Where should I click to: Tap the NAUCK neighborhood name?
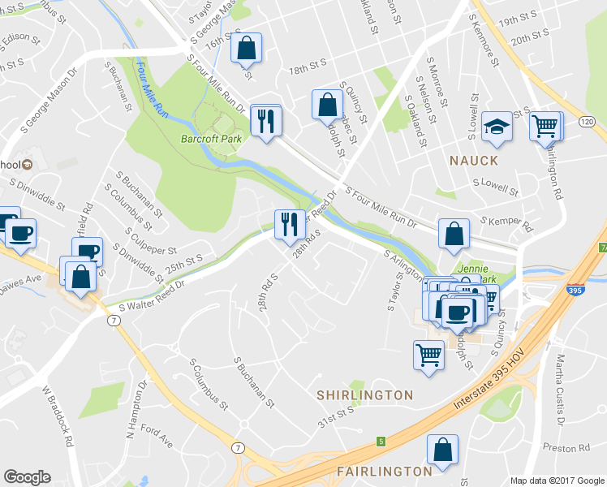pos(474,161)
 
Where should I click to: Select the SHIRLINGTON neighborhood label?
pos(365,394)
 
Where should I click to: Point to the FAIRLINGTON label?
pos(384,471)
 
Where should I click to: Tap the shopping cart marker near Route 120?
pos(545,126)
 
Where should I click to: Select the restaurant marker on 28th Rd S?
pos(289,223)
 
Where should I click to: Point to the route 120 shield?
pos(587,121)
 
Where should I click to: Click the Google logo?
pos(27,477)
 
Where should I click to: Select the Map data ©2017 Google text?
pos(557,481)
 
